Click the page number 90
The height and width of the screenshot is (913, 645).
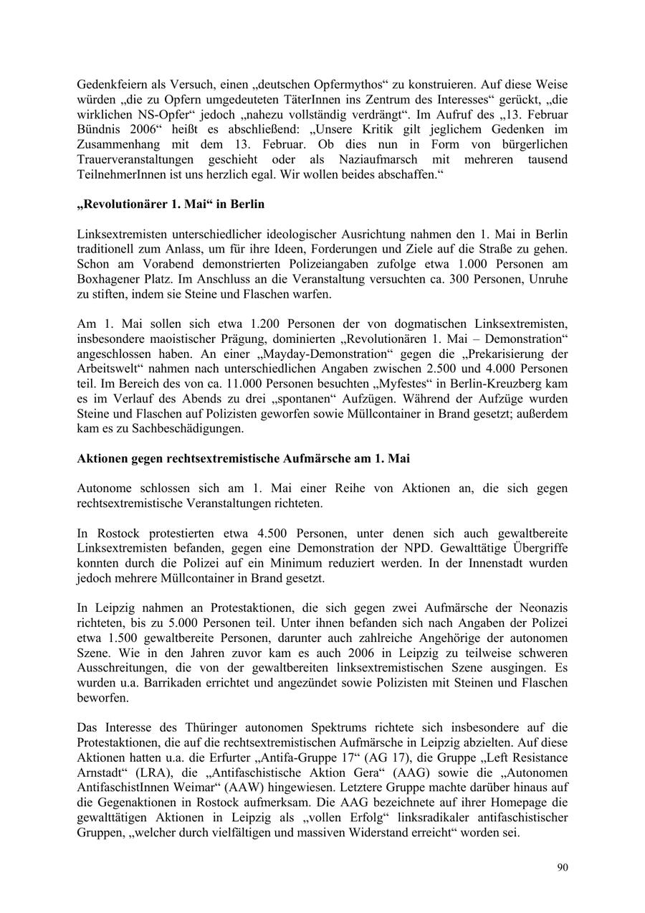tap(563, 868)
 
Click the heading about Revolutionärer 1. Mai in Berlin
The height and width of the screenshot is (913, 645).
tap(171, 204)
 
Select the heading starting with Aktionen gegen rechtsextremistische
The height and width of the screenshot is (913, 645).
tap(243, 458)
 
